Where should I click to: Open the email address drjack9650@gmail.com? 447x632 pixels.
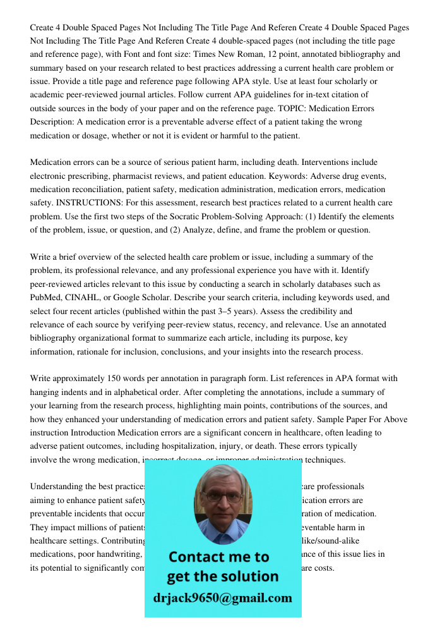coord(223,598)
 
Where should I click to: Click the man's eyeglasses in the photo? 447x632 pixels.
coord(223,497)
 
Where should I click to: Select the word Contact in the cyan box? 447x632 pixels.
coord(201,557)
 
